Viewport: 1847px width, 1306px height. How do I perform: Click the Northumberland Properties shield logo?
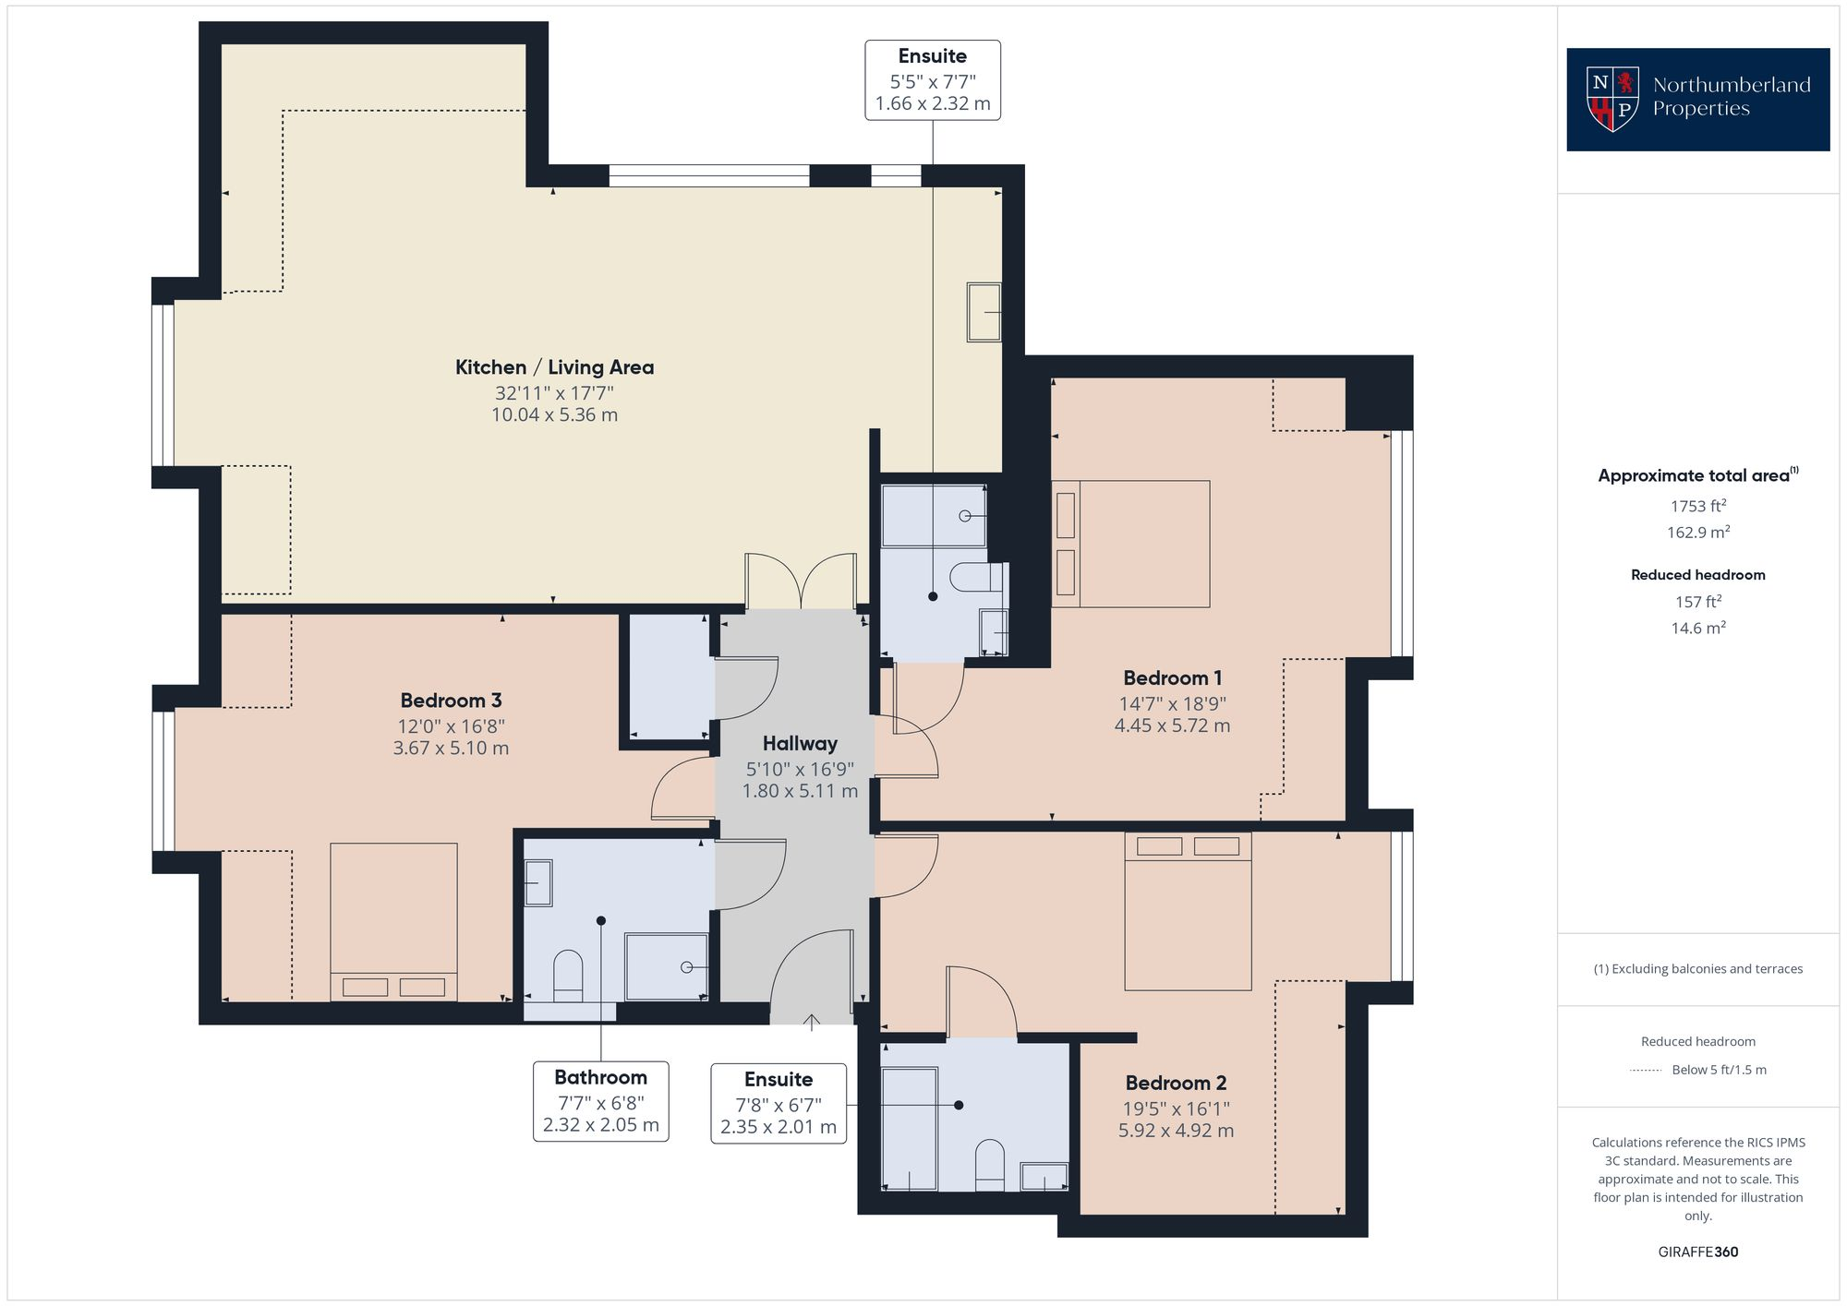tap(1612, 99)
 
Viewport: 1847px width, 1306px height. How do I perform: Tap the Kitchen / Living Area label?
tap(554, 367)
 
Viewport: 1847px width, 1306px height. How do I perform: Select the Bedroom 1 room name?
tap(1172, 678)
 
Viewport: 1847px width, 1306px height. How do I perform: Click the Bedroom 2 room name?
tap(1176, 1083)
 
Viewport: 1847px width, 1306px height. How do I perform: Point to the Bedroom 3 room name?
tap(451, 701)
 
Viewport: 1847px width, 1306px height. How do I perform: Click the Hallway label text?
tap(800, 744)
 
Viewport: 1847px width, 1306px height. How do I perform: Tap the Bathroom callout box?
tap(601, 1101)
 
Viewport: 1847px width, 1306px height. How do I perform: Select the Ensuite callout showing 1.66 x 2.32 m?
tap(933, 79)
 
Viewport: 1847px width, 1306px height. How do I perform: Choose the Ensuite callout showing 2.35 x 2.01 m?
tap(779, 1104)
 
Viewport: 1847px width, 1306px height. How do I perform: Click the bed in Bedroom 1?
tap(1131, 544)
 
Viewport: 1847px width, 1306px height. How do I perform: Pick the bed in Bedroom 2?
tap(1188, 911)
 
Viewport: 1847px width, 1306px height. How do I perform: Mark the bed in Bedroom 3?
tap(393, 922)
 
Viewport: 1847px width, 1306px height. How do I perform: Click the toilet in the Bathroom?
tap(568, 977)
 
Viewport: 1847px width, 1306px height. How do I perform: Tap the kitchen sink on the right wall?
tap(984, 312)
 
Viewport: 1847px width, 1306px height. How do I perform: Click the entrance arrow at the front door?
tap(811, 1023)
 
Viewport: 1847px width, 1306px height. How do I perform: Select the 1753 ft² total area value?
tap(1698, 506)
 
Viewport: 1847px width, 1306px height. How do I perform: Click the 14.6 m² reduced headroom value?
tap(1698, 628)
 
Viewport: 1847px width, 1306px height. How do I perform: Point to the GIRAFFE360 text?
tap(1698, 1252)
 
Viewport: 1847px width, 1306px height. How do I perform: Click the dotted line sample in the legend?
tap(1647, 1071)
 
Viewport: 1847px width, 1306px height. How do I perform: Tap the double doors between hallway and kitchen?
tap(802, 581)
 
